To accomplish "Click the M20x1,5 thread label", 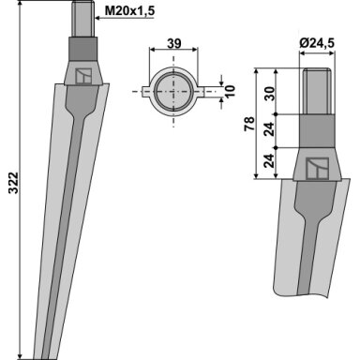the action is (x=129, y=11).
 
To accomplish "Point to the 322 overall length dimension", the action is (x=14, y=183).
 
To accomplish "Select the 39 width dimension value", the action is (x=173, y=43).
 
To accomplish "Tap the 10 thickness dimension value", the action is (x=230, y=91).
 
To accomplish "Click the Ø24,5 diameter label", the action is (x=317, y=43).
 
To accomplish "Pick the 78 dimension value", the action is (x=249, y=124).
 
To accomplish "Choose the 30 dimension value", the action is (x=269, y=94).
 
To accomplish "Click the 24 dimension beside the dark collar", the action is (x=269, y=129).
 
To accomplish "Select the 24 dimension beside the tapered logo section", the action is (x=269, y=161).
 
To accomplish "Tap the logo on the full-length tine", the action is (x=83, y=76).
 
